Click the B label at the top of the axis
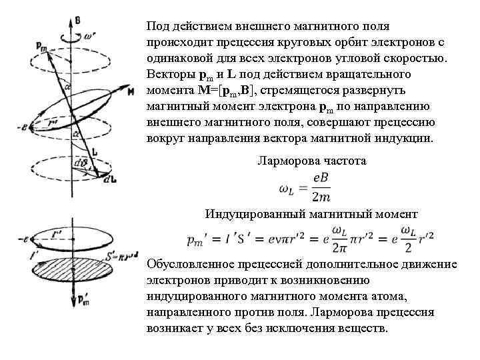click(77, 21)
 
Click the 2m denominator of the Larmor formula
click(321, 196)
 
